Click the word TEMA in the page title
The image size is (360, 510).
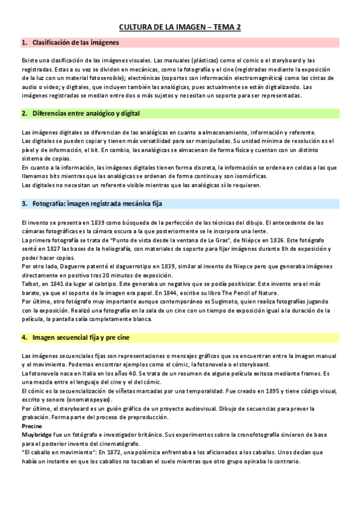[217, 27]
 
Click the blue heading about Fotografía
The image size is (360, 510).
[97, 204]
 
